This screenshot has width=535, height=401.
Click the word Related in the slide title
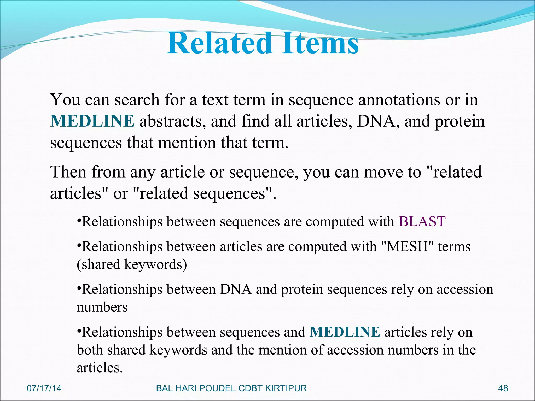[x=219, y=43]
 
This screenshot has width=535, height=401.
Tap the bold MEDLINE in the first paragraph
[x=92, y=121]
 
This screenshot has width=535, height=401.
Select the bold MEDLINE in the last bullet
[x=345, y=332]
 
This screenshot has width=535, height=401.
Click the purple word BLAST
[x=422, y=222]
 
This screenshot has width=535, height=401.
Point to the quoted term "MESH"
[x=407, y=247]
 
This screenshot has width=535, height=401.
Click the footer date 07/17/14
[x=44, y=388]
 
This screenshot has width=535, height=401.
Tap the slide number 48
[x=503, y=388]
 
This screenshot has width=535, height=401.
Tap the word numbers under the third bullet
[x=102, y=307]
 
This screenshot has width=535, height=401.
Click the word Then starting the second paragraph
[x=68, y=172]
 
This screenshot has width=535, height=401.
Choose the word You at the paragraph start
[x=65, y=100]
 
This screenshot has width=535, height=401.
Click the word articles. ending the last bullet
[x=100, y=368]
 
